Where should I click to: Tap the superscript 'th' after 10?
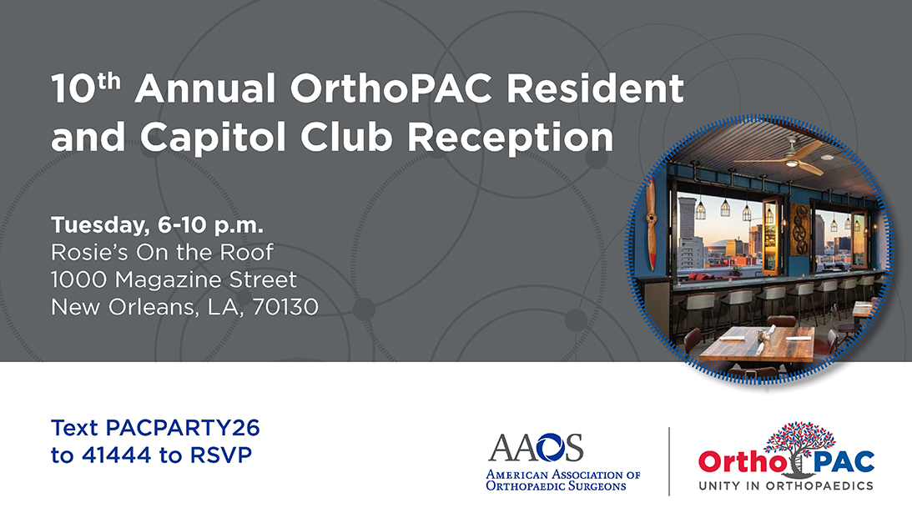(x=108, y=81)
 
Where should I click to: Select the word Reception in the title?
(x=510, y=138)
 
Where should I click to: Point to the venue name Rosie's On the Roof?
(x=162, y=253)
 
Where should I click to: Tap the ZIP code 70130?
(x=285, y=307)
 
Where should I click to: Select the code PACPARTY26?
(x=183, y=428)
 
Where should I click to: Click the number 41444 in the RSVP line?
(x=116, y=455)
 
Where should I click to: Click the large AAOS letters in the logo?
(x=536, y=447)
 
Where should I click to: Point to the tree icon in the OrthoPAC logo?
(x=799, y=445)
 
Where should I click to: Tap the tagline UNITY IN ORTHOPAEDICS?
(x=786, y=485)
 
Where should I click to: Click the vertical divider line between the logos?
(x=669, y=461)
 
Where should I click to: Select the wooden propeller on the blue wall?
(x=652, y=224)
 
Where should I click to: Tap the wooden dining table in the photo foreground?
(x=756, y=344)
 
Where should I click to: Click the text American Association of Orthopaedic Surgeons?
(x=562, y=480)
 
